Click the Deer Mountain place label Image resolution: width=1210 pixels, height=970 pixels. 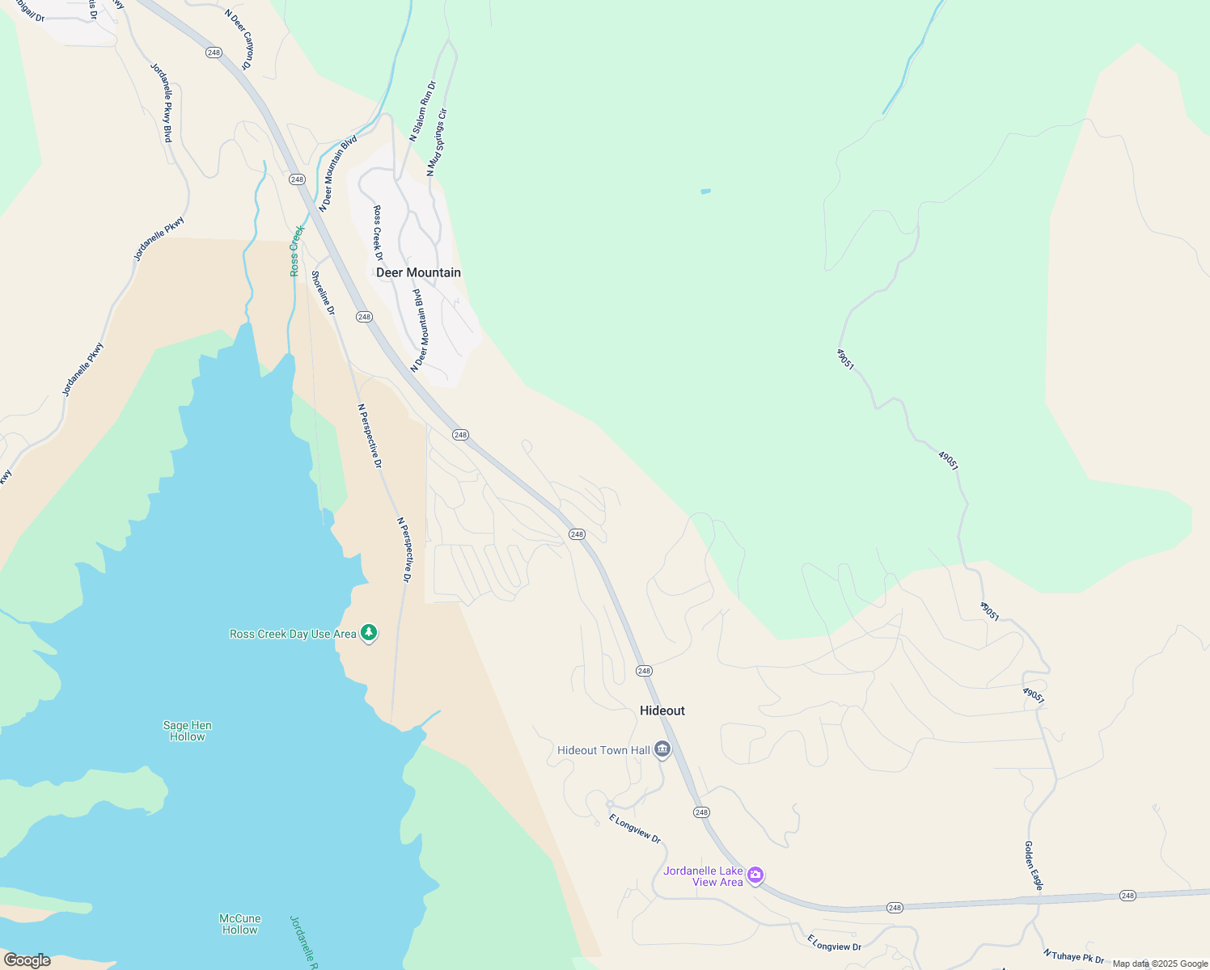418,272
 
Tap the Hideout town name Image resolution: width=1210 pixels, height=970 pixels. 662,711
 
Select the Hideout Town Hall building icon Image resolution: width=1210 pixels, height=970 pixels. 662,750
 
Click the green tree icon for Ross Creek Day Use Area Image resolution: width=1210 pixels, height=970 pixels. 369,633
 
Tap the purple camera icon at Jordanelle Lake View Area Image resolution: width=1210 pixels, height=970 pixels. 755,875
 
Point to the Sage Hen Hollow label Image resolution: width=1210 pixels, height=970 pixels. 188,731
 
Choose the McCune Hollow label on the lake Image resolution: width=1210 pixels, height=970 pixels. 240,924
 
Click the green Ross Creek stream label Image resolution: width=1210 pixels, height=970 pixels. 297,251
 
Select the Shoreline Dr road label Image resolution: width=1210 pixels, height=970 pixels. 323,293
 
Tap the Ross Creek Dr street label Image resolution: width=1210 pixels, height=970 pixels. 378,233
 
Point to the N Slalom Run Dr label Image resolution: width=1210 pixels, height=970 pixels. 422,112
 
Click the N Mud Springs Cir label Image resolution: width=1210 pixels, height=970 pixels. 437,143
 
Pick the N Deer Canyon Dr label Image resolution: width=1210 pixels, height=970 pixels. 238,39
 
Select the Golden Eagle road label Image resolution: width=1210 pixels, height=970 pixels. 1034,866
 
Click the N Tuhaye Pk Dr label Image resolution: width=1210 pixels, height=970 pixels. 1073,956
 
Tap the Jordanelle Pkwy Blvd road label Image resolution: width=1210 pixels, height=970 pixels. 162,103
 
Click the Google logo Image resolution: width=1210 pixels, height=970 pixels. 27,960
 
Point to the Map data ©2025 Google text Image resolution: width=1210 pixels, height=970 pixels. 1159,964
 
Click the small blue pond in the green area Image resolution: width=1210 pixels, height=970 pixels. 705,192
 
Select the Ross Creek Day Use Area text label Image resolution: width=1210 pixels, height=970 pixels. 293,634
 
